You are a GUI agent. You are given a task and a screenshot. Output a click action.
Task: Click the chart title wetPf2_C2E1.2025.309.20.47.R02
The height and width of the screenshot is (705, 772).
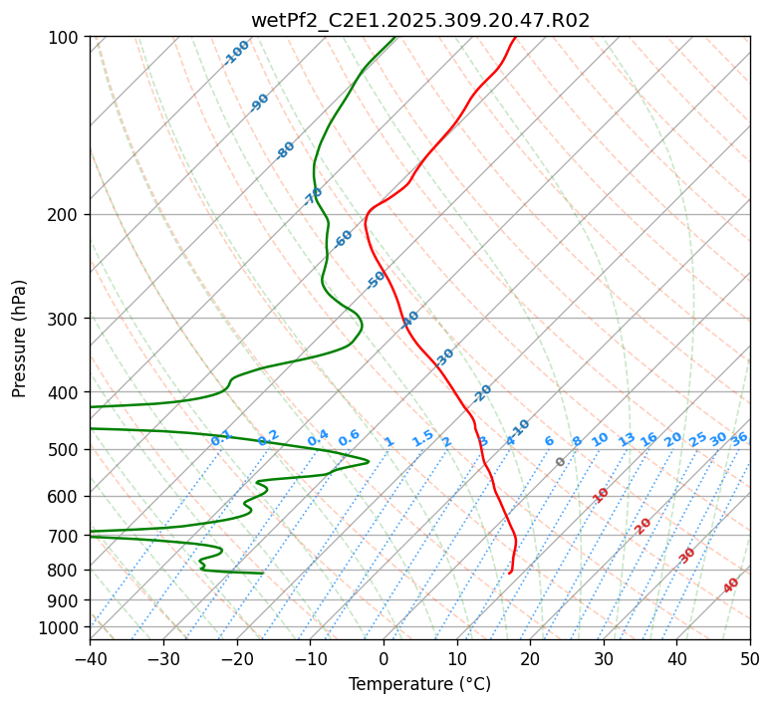click(x=420, y=21)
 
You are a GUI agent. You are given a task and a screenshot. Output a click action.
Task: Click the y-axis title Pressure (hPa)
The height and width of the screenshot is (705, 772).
click(x=20, y=339)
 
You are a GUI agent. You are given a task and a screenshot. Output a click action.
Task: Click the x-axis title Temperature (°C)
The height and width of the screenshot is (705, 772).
click(x=419, y=685)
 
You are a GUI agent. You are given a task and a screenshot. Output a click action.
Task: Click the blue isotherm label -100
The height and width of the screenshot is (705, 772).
click(x=236, y=53)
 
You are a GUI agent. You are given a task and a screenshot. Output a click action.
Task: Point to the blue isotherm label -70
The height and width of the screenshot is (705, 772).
click(x=313, y=196)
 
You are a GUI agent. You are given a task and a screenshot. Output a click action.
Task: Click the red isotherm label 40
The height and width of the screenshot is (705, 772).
click(x=731, y=586)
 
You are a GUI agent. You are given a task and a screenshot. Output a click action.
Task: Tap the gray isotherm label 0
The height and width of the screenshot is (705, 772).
click(x=561, y=462)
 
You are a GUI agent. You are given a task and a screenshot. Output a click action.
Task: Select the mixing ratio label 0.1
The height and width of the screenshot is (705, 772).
click(x=221, y=438)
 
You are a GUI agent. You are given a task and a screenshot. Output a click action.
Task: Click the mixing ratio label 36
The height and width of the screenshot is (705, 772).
click(x=739, y=438)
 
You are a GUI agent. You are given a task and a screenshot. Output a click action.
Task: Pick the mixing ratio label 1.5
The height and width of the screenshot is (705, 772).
click(x=422, y=438)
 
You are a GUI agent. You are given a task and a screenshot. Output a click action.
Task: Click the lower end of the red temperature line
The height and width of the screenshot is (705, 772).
click(x=509, y=573)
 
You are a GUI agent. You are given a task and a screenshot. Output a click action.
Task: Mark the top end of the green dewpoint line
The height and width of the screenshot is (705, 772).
click(x=394, y=37)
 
